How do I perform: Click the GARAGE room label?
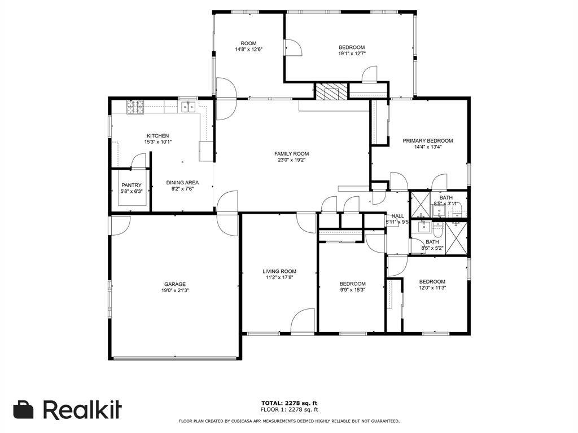(x=175, y=284)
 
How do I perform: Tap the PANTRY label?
(x=131, y=185)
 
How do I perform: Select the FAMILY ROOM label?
(x=291, y=154)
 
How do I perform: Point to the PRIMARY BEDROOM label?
(x=427, y=141)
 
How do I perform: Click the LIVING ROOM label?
(x=279, y=271)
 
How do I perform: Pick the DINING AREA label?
(x=182, y=183)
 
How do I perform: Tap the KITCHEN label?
(x=157, y=136)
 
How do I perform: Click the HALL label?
(x=398, y=216)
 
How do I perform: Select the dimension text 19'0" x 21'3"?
(x=175, y=291)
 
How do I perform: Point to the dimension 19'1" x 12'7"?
(x=352, y=54)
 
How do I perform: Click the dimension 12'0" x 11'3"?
(x=432, y=288)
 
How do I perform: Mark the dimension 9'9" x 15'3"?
(x=352, y=290)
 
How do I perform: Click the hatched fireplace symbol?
(x=330, y=91)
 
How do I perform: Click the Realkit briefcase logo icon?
(x=24, y=410)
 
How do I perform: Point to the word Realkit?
(x=82, y=409)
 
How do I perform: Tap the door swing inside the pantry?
(x=137, y=162)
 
